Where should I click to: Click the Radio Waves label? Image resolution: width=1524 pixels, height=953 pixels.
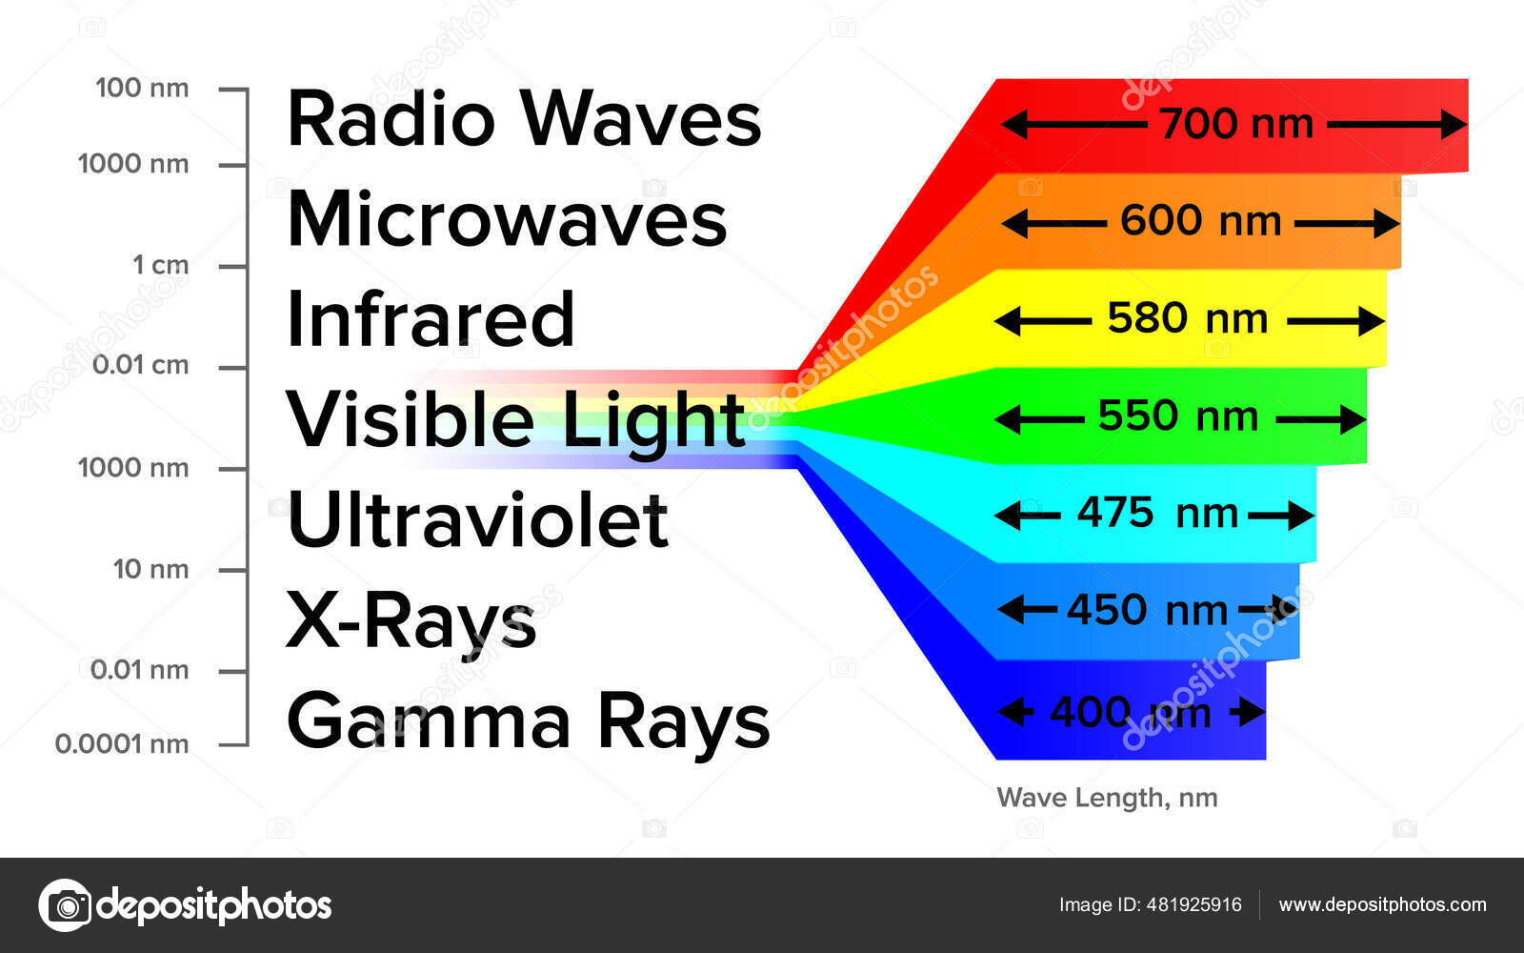[524, 119]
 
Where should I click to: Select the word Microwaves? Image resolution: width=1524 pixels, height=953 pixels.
[507, 219]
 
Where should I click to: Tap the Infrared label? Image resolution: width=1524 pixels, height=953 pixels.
[431, 319]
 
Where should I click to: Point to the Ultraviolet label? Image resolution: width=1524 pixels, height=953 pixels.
[477, 520]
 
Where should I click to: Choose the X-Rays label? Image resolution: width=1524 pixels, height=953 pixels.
[411, 621]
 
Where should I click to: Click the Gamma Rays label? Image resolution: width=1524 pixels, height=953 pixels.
[528, 721]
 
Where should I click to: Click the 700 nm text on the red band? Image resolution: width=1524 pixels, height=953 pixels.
[1235, 124]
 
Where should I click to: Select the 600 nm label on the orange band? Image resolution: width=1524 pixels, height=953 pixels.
[1200, 221]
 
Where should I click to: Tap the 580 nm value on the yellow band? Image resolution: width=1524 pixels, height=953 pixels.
[1187, 318]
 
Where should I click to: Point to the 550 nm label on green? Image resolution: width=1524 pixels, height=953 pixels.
[1178, 416]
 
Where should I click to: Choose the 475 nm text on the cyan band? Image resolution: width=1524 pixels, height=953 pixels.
[1157, 514]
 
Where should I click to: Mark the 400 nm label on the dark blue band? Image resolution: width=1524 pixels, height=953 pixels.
[1130, 712]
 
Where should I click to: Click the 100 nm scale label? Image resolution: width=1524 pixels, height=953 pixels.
[142, 89]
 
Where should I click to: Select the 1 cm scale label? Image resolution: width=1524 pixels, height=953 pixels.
[161, 265]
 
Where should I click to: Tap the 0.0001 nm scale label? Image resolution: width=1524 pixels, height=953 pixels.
[122, 743]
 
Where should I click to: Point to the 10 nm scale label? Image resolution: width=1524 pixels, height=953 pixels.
[150, 569]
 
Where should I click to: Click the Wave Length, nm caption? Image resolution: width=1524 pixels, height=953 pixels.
[1107, 798]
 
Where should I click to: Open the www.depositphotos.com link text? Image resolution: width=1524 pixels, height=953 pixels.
[1382, 904]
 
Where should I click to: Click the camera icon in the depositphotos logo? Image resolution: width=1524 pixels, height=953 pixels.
[66, 904]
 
